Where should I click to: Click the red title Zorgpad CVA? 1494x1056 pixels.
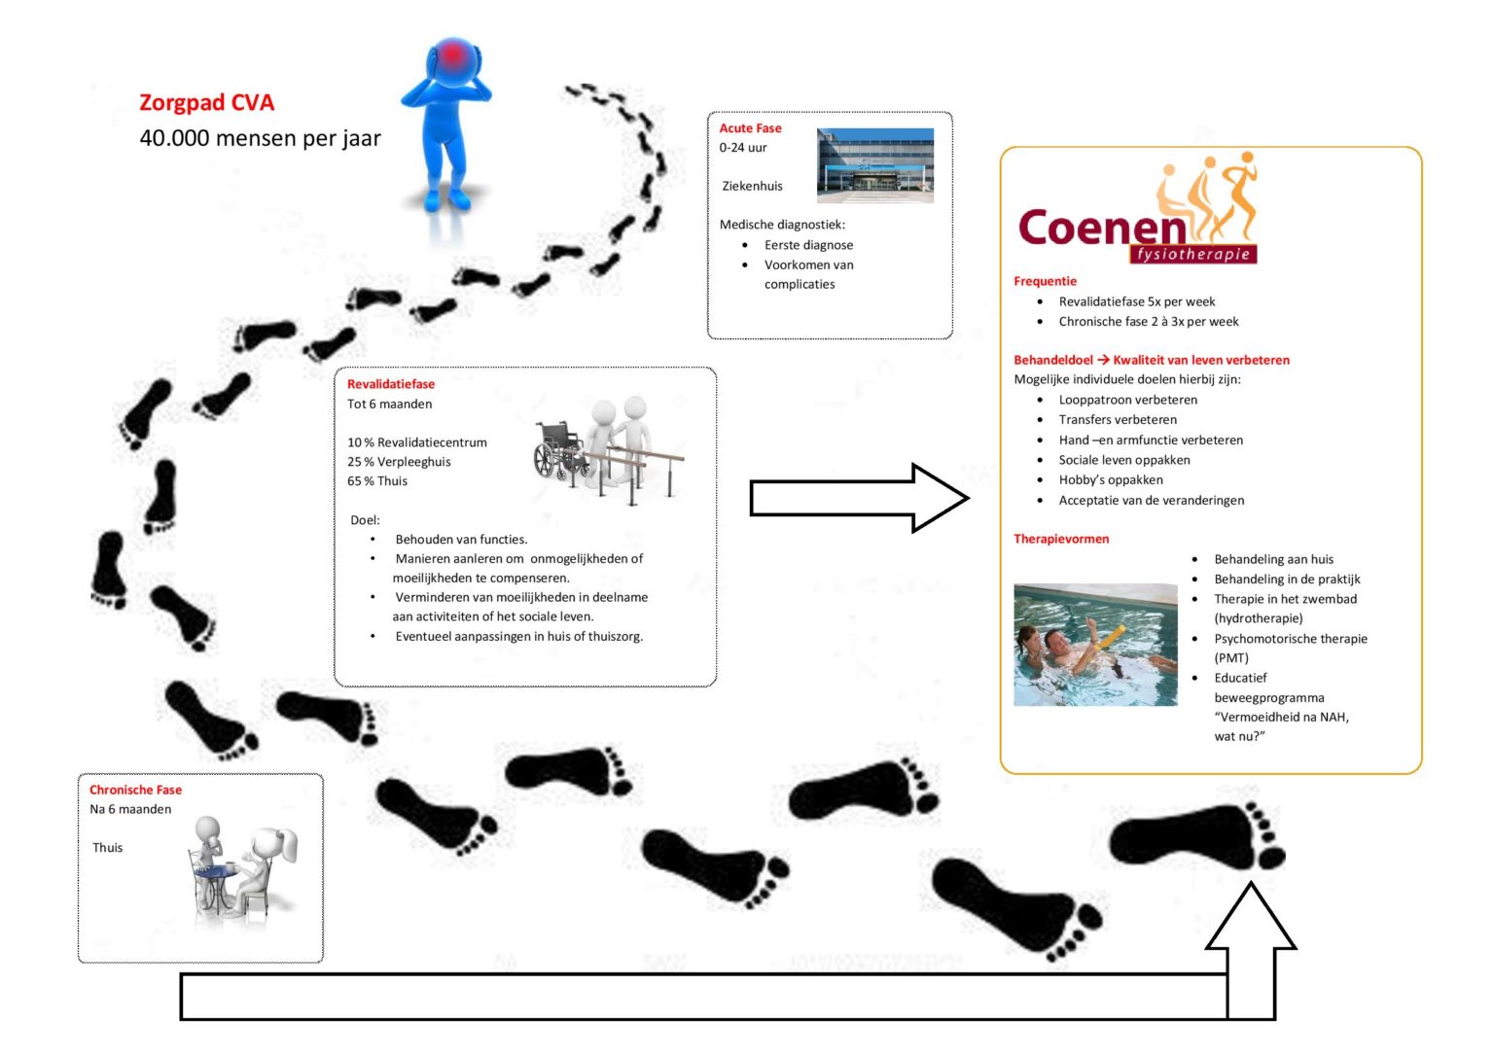tap(206, 102)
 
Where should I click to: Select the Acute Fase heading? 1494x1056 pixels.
tap(750, 128)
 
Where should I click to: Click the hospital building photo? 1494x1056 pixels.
tap(874, 165)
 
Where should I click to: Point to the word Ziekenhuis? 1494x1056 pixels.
tap(752, 186)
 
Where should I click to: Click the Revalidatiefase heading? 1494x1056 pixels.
tap(391, 384)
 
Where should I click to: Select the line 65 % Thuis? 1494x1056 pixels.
tap(377, 481)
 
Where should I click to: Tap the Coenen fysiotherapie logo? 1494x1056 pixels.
tap(1137, 216)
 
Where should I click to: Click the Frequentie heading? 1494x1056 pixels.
tap(1045, 281)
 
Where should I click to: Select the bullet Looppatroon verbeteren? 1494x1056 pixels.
tap(1127, 400)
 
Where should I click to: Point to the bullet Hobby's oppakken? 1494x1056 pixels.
tap(1110, 479)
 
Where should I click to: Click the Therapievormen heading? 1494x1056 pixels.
tap(1060, 539)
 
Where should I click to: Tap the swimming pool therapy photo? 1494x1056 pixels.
tap(1094, 645)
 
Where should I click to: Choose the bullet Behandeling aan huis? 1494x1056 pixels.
tap(1273, 559)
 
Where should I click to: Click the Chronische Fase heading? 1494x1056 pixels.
tap(135, 790)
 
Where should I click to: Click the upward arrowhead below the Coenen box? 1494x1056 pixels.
tap(1250, 919)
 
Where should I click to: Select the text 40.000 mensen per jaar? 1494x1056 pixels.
tap(260, 138)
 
